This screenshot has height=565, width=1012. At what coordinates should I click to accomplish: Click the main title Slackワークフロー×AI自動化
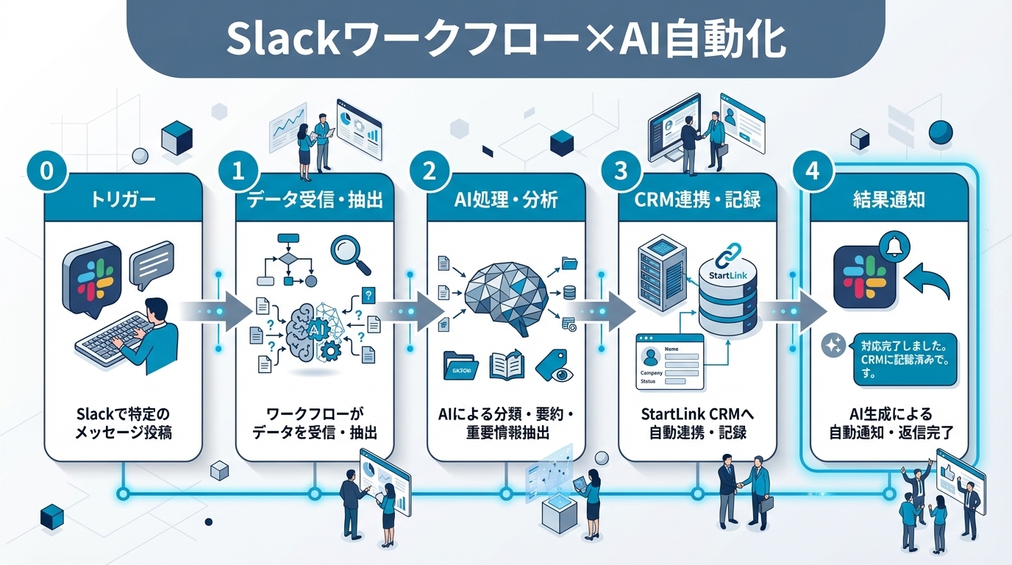pos(505,38)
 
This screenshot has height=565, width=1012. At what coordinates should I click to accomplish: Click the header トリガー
pos(123,200)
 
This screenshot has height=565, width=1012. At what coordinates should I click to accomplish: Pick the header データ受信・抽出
pos(315,200)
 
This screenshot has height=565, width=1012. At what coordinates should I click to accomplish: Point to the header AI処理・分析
pos(506,200)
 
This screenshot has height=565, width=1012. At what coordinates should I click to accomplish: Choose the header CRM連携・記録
pos(697,200)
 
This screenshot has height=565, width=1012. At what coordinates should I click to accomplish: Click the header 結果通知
pos(888,200)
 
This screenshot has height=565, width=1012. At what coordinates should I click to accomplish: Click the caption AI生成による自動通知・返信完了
pos(888,423)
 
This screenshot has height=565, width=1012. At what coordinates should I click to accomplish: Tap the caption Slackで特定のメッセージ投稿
pos(123,423)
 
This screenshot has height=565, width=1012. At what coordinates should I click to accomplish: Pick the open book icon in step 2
pos(508,365)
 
